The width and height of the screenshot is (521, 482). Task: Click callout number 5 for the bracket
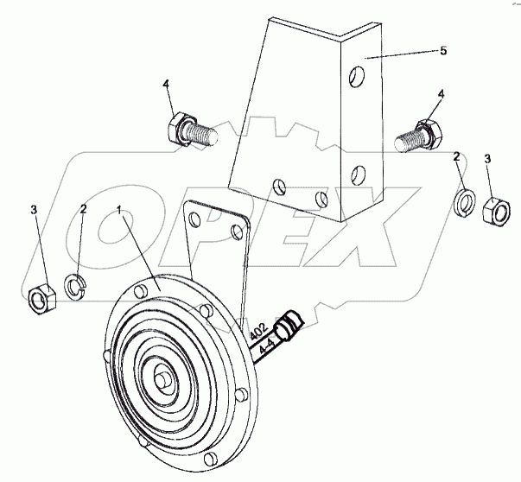pos(443,51)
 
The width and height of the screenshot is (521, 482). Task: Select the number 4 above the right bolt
pos(441,93)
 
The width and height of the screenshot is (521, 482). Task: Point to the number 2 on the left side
pos(83,210)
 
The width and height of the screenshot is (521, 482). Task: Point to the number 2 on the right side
pos(456,156)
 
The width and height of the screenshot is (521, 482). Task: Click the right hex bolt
pos(418,134)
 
